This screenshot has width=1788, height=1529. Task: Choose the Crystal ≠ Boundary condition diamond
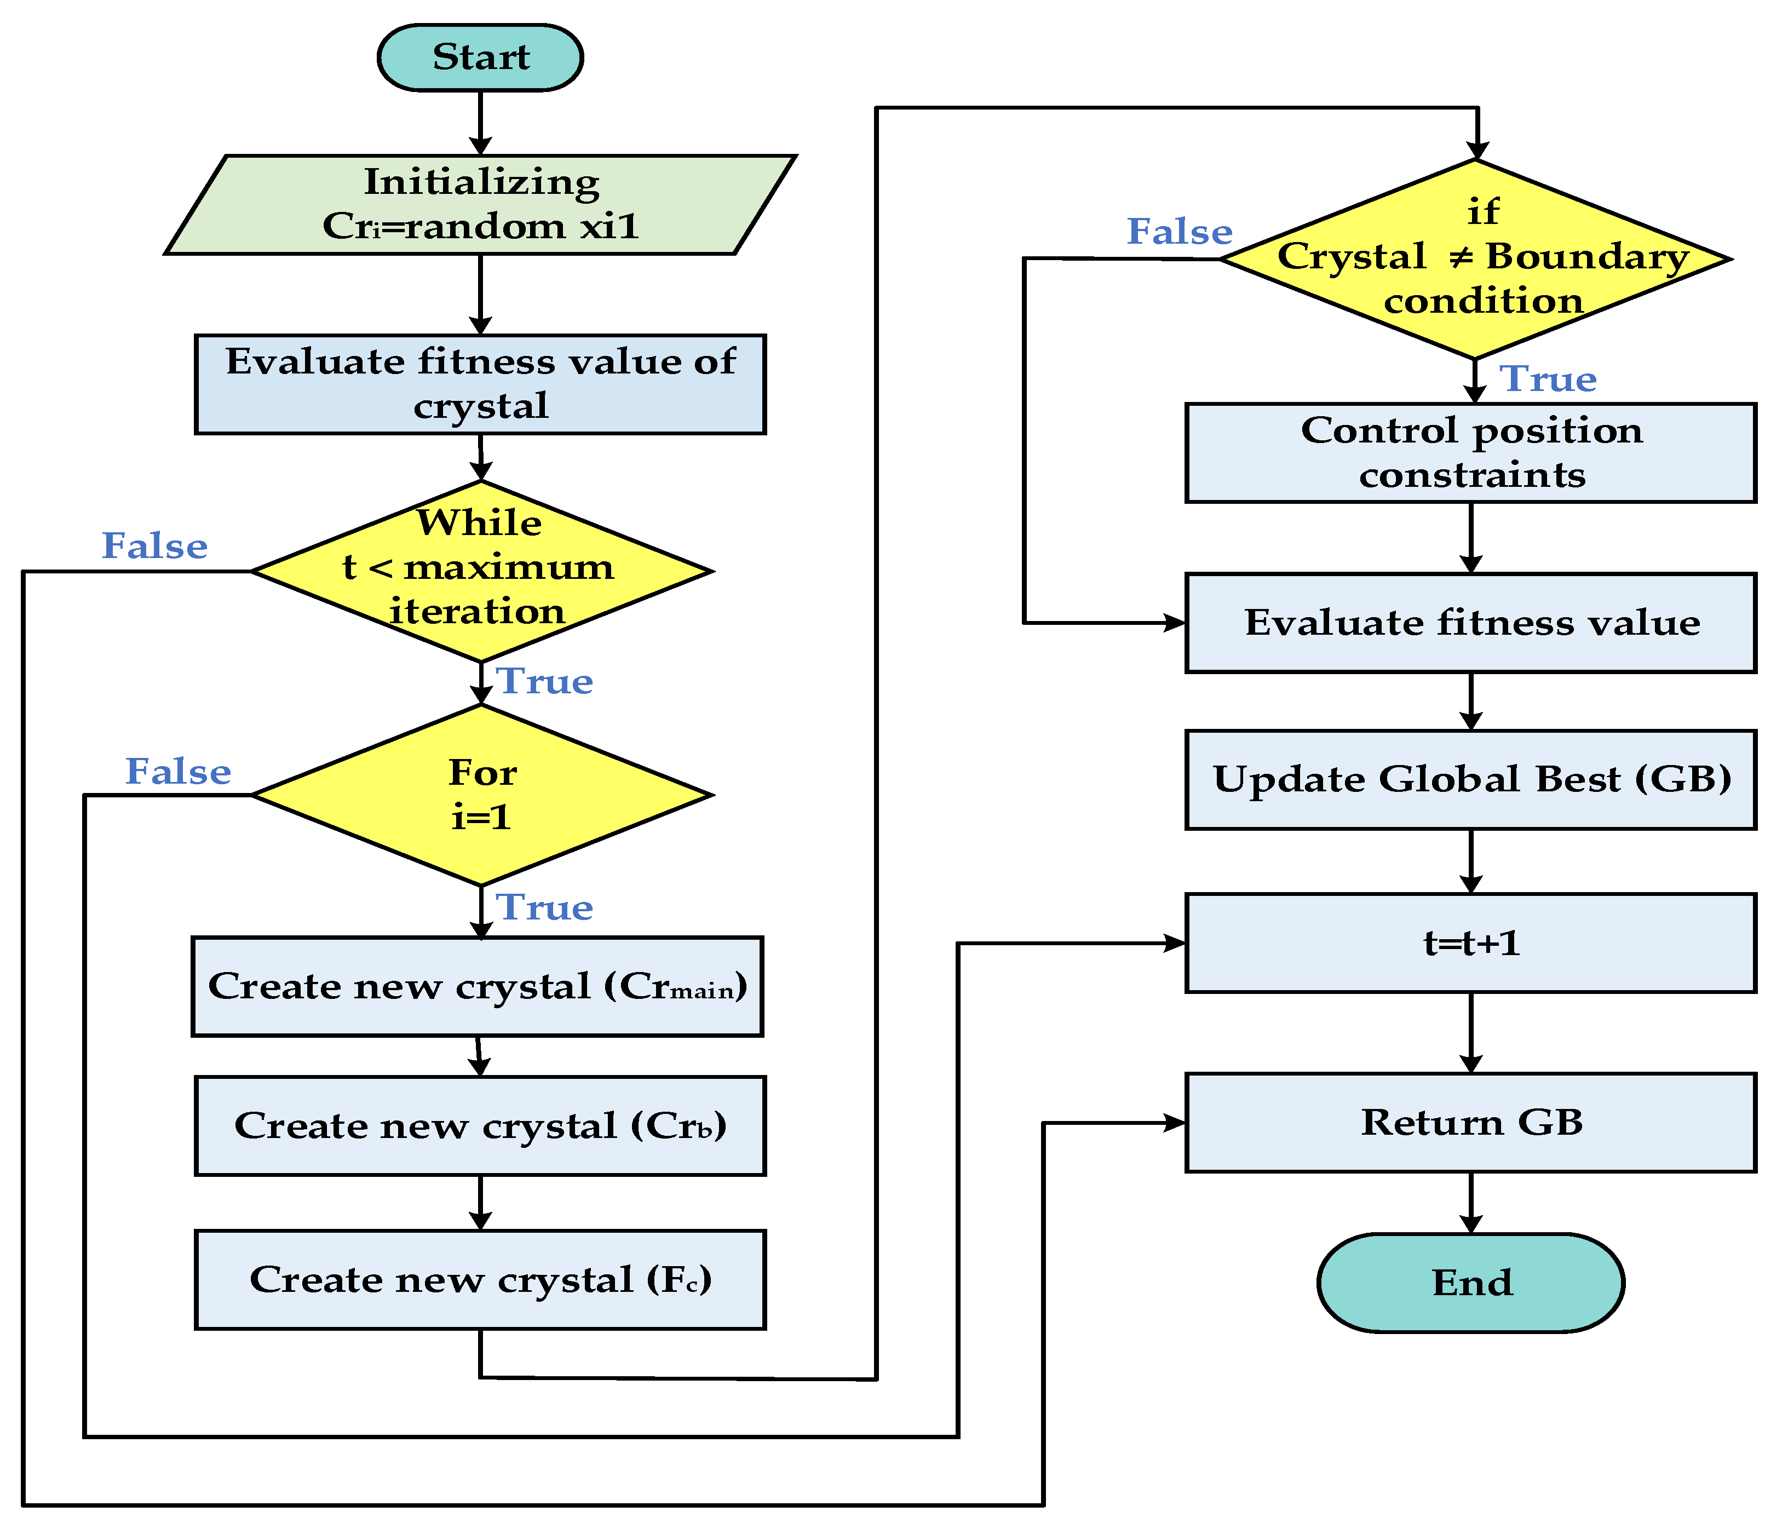coord(1476,259)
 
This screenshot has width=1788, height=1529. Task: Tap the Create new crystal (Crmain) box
coord(477,986)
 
